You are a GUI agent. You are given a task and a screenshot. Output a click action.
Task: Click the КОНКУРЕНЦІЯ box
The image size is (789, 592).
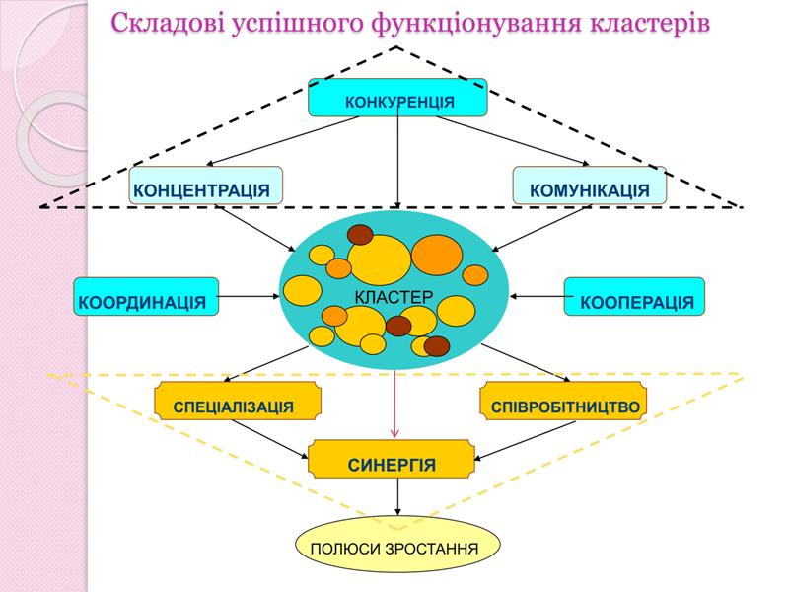[397, 99]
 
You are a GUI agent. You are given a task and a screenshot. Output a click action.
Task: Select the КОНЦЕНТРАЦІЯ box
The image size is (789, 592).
[205, 186]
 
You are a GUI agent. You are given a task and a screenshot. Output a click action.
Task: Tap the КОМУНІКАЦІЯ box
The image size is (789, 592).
[589, 186]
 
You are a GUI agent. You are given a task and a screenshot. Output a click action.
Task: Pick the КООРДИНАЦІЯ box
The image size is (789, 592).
[146, 297]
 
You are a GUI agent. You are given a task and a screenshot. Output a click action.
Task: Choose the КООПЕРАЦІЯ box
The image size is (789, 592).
[634, 297]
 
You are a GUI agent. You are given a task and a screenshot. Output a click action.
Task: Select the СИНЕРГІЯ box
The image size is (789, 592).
[392, 461]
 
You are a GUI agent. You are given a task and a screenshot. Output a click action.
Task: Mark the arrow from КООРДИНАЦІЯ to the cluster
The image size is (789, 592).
[249, 294]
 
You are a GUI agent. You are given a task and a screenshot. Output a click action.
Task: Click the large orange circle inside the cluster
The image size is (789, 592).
[436, 255]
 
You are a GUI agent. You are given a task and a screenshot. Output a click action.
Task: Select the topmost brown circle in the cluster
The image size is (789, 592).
[359, 235]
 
